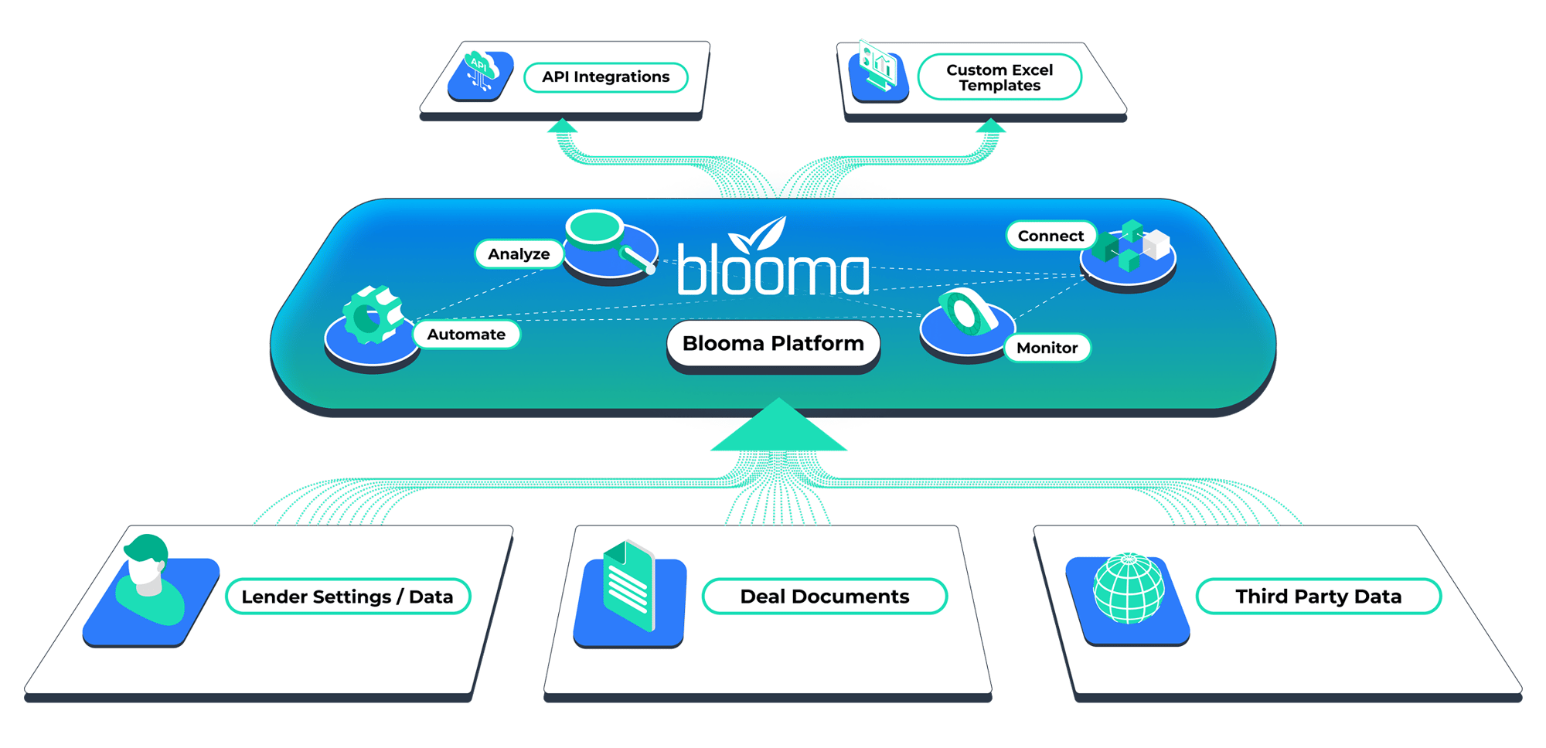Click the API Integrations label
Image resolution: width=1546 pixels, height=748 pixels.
pos(605,77)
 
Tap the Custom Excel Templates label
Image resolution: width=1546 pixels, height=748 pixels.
pos(999,77)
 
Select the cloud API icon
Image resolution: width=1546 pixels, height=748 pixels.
pos(481,74)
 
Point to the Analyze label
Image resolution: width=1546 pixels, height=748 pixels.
pos(519,254)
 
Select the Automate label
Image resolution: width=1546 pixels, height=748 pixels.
pos(466,335)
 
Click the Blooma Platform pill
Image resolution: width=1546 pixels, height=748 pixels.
pos(773,344)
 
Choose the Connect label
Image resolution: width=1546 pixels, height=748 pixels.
pos(1051,236)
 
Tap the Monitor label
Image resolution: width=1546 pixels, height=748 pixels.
pos(1047,348)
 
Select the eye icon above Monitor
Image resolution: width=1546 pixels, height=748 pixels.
pos(966,314)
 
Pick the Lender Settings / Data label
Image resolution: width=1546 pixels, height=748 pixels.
pos(347,597)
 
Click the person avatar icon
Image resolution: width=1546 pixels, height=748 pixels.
pos(149,580)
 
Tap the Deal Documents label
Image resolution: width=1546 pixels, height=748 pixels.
pos(824,597)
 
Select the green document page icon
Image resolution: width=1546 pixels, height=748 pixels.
pos(628,586)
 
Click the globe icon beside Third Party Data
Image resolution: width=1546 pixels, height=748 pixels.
pos(1129,588)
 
